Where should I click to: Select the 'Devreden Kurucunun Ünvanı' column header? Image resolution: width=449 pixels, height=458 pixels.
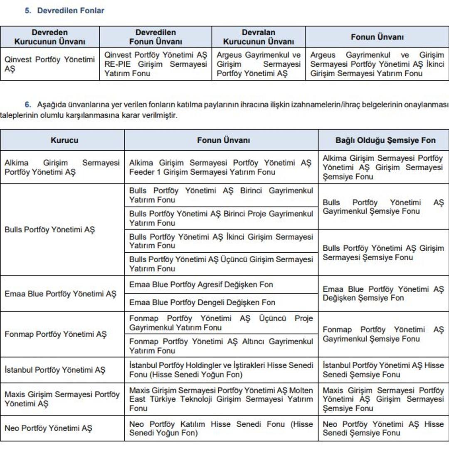[50, 37]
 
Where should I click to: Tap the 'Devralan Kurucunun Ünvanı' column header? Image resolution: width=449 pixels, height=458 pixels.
[258, 37]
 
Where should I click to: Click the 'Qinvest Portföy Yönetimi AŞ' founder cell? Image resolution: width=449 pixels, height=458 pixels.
[49, 64]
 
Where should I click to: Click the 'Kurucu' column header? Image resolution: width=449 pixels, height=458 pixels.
[64, 140]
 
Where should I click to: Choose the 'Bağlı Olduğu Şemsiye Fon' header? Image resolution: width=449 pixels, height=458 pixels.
[385, 140]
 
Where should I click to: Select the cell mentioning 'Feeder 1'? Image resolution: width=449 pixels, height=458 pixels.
[221, 167]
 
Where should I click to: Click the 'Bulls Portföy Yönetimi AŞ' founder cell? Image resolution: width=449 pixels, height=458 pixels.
[49, 229]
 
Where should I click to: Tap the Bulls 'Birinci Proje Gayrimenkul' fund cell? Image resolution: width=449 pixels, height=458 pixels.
[221, 218]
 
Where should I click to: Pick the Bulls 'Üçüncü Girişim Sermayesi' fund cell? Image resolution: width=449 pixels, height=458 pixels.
[221, 264]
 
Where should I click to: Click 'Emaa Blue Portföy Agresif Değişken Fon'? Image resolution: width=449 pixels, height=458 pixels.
[201, 285]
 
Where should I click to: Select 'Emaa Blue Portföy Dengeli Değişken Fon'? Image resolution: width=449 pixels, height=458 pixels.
[202, 302]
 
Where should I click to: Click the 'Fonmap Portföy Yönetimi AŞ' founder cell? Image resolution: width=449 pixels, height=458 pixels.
[55, 334]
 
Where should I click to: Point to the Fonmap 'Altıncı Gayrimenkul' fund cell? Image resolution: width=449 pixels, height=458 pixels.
[221, 346]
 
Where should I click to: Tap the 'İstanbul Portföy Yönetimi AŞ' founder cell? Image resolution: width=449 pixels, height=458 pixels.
[55, 370]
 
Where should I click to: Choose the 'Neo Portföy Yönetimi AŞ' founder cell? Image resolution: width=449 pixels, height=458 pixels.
[48, 428]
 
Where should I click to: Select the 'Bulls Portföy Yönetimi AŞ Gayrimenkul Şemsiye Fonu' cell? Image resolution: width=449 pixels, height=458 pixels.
[383, 207]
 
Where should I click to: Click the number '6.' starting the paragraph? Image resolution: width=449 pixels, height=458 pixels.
[28, 104]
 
